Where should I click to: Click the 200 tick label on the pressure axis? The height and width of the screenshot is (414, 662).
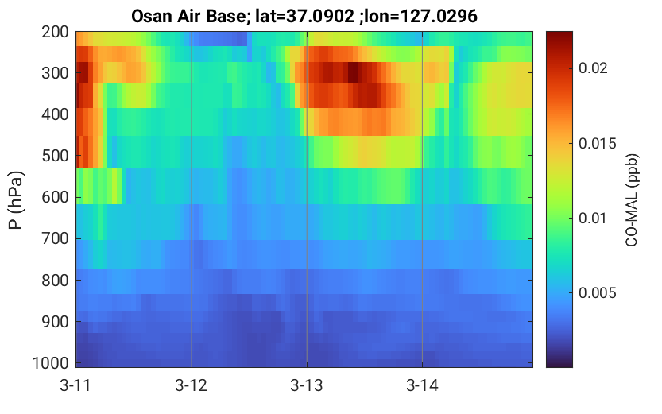(x=55, y=32)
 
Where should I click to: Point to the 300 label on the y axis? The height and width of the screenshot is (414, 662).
(x=55, y=73)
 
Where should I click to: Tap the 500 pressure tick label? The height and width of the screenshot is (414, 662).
(x=55, y=156)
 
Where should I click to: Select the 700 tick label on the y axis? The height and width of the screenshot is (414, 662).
(x=55, y=238)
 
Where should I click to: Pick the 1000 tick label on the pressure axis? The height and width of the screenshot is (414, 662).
(x=51, y=363)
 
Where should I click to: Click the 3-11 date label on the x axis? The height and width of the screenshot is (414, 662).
(x=75, y=385)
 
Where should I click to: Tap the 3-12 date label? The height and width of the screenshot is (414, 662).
(x=192, y=385)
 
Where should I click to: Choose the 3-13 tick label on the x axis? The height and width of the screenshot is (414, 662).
(x=307, y=385)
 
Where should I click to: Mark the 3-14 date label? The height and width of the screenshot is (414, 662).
(x=422, y=385)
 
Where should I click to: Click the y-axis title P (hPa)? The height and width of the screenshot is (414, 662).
(x=16, y=200)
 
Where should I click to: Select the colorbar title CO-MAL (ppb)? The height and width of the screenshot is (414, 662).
(x=632, y=200)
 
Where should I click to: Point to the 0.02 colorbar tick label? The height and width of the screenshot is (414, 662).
(x=593, y=68)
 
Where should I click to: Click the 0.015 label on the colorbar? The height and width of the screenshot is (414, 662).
(x=598, y=144)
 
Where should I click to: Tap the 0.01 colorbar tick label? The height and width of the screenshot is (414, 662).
(x=593, y=219)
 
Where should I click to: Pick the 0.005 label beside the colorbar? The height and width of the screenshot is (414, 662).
(x=598, y=293)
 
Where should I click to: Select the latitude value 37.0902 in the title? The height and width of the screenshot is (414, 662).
(x=320, y=17)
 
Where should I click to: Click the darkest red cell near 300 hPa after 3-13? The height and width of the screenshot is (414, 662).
(x=353, y=72)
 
